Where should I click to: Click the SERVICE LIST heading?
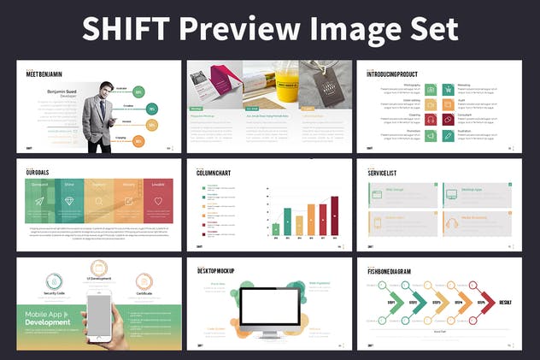384,173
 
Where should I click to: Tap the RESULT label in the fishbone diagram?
506,302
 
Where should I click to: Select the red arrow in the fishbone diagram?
484,302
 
